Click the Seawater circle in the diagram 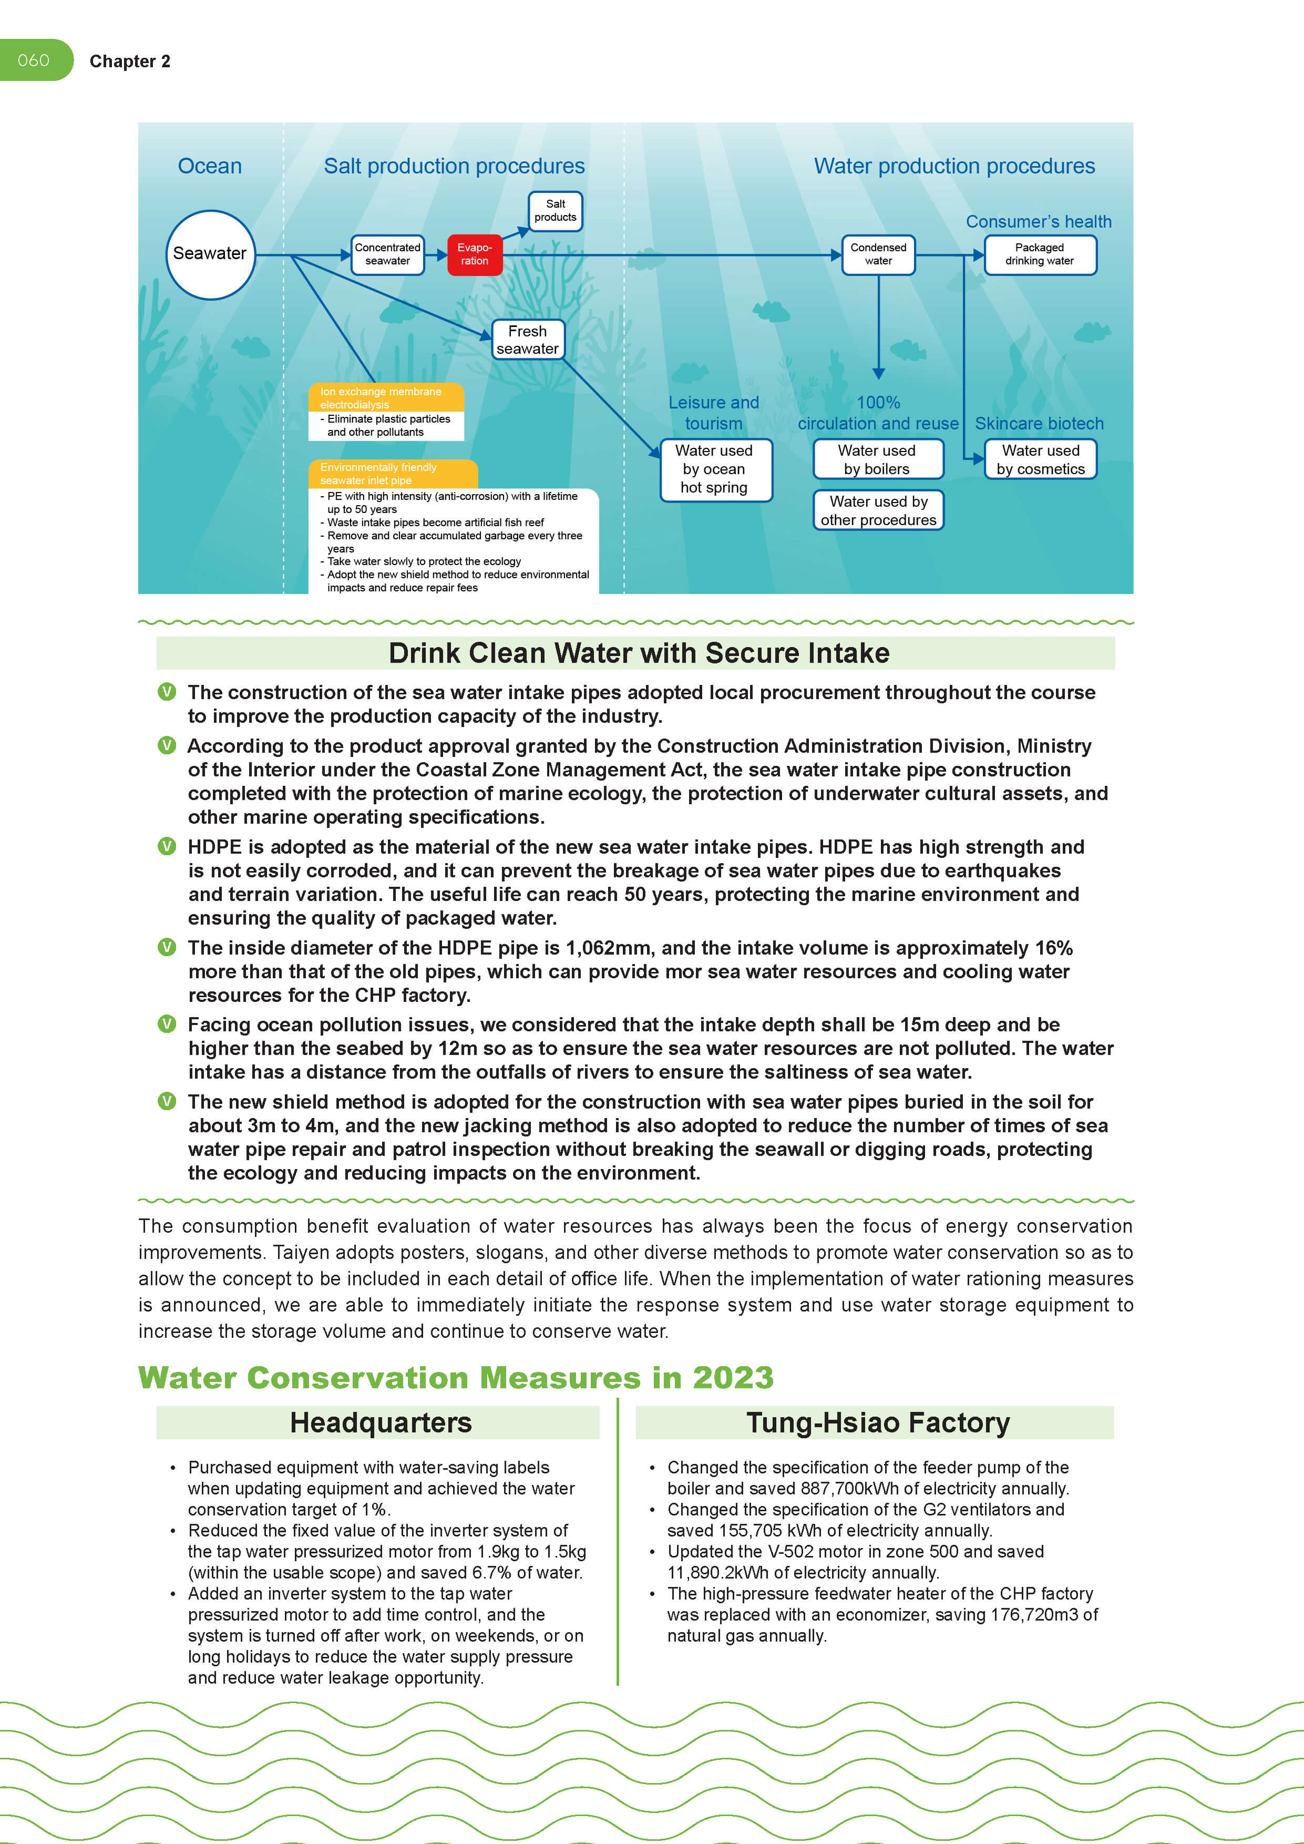tap(210, 254)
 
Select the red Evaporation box tap(475, 254)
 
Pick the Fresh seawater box tap(528, 340)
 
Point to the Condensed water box tap(878, 254)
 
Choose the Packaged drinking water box tap(1040, 254)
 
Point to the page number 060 tap(34, 60)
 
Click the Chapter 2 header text tap(130, 62)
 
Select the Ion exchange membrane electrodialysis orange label tap(385, 397)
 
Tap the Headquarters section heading tap(381, 1422)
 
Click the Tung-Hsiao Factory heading tap(878, 1422)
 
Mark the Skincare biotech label tap(1039, 423)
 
